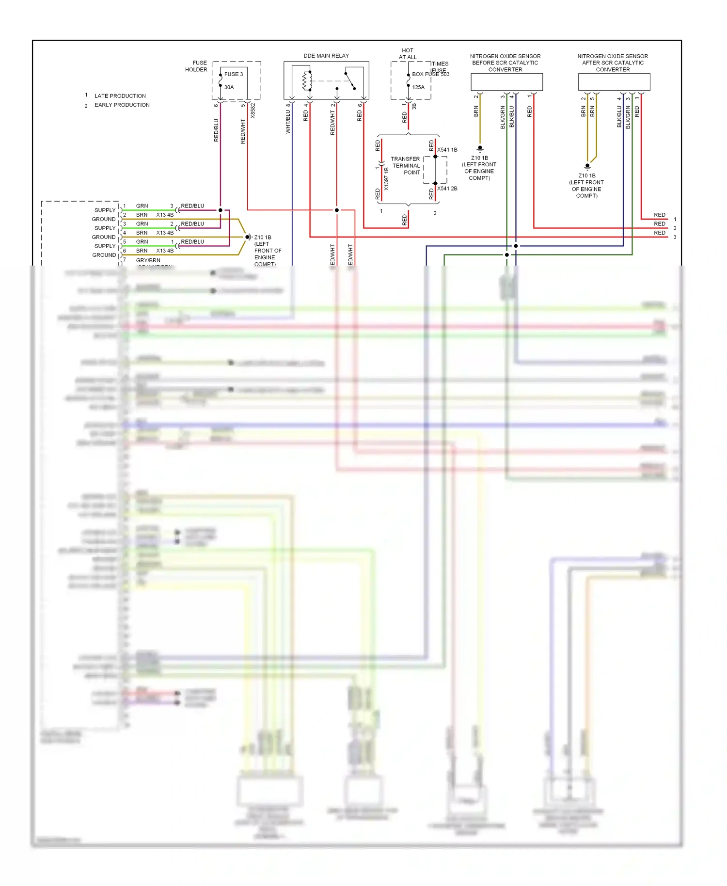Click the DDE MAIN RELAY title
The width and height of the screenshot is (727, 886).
(326, 56)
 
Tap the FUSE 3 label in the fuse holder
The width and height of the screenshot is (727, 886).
(234, 74)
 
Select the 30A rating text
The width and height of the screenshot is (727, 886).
(229, 87)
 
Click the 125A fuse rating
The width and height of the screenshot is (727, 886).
(418, 87)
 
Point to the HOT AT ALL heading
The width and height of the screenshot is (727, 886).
(408, 54)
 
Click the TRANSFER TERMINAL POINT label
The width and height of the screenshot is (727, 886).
(406, 166)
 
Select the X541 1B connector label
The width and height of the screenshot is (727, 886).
(447, 150)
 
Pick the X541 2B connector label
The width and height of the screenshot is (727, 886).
(447, 189)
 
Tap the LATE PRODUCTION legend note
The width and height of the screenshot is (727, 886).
(120, 96)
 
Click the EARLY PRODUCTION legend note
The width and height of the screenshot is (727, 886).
(122, 105)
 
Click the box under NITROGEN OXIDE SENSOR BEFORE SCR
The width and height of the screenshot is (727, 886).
(506, 82)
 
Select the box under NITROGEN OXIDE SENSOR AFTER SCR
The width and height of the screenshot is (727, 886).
(614, 82)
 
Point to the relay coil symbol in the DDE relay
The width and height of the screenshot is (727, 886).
(307, 81)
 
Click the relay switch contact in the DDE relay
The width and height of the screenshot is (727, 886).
(350, 81)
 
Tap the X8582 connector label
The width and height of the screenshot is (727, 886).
(253, 111)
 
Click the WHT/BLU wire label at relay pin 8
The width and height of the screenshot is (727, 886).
(288, 121)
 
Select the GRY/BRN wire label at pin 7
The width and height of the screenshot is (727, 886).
(148, 260)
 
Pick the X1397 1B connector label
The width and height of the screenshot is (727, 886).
(386, 179)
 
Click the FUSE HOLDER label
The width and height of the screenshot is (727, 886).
(196, 66)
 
